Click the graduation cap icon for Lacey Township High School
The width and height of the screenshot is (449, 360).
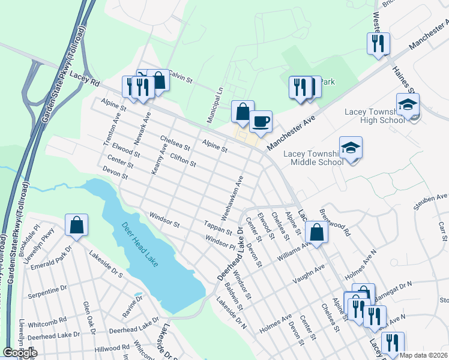[408, 104]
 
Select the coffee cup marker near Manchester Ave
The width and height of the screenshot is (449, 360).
[261, 122]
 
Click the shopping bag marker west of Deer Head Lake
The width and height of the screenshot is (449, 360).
[77, 226]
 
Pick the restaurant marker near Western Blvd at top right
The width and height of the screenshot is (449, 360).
[378, 43]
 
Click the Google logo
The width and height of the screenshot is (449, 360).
[20, 353]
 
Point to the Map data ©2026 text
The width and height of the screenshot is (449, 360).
[424, 355]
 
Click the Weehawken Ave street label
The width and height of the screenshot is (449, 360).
[233, 191]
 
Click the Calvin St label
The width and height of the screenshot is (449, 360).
[179, 77]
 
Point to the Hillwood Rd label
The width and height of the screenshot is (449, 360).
[112, 347]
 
